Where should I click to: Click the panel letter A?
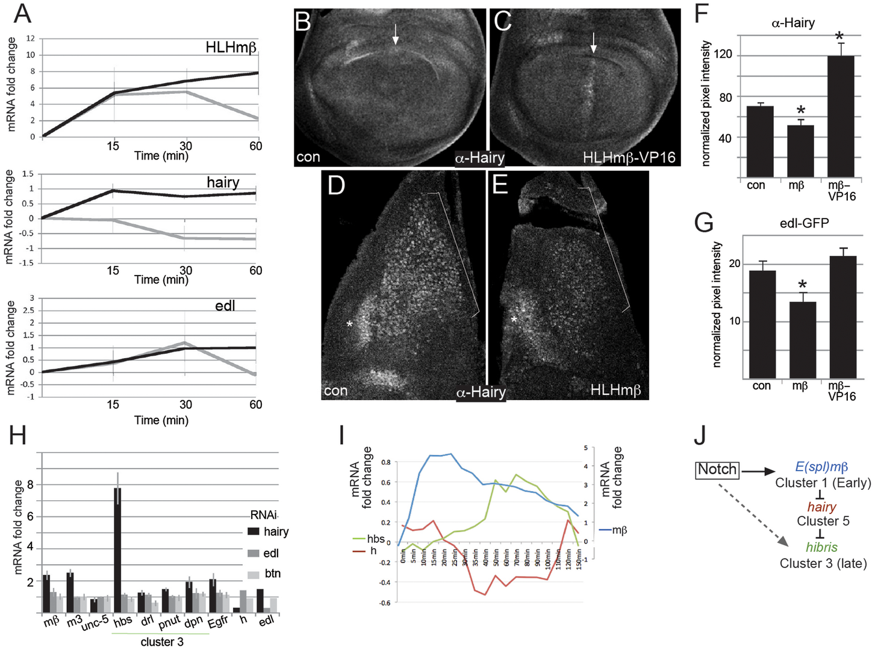click(22, 13)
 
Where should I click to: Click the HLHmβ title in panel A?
click(231, 47)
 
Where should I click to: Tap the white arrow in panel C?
click(594, 42)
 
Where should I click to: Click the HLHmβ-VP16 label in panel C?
click(629, 158)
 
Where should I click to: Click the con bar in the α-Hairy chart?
click(760, 141)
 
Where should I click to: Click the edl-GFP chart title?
click(804, 223)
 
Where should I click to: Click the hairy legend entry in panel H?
click(269, 531)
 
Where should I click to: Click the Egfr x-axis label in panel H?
click(218, 621)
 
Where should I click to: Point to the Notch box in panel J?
click(717, 469)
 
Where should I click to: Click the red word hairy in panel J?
click(821, 507)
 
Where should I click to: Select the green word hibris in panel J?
click(821, 547)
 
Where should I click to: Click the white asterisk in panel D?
click(349, 324)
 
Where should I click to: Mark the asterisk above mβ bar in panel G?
click(802, 285)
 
